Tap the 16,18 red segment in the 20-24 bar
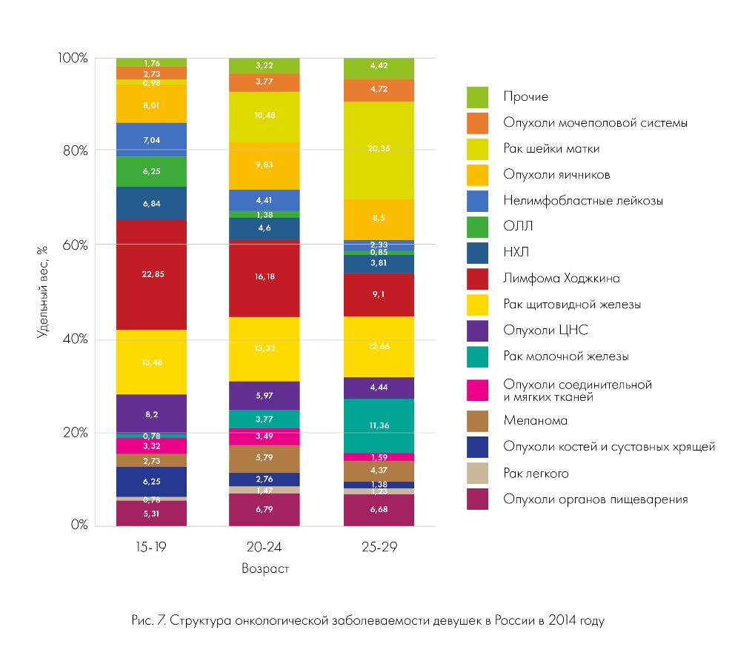point(265,278)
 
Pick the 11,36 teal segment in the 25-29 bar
point(379,426)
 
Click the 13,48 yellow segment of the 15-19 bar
point(151,362)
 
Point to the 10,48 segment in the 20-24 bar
point(265,117)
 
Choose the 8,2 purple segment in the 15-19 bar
point(151,413)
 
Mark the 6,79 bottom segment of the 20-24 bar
point(265,510)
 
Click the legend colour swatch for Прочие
point(477,96)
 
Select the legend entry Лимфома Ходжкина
point(561,279)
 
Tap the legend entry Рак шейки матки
point(551,148)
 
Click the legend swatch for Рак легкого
point(477,473)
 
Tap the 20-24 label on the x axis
point(265,548)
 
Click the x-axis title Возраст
point(265,569)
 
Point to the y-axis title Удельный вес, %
point(42,291)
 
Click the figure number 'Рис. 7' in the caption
point(147,620)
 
